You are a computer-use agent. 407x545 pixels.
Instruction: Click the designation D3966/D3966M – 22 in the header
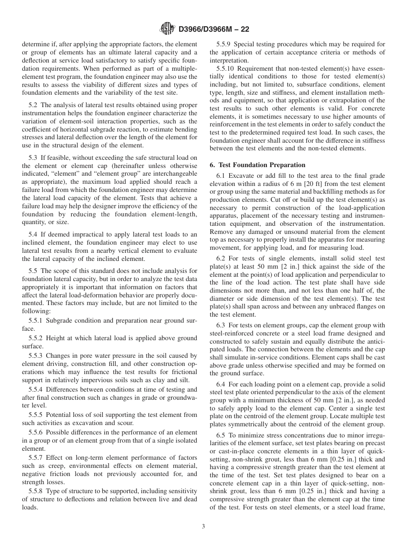[x=214, y=30]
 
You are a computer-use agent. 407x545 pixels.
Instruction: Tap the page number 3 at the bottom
[x=203, y=527]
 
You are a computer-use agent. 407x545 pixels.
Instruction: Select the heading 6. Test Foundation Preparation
[x=257, y=165]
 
